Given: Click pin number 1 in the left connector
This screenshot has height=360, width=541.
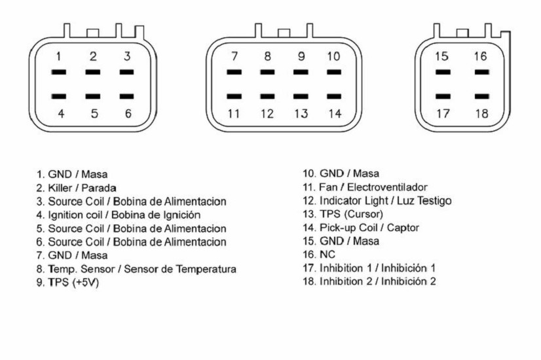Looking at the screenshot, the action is [59, 56].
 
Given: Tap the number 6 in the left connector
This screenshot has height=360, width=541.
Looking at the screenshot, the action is [128, 113].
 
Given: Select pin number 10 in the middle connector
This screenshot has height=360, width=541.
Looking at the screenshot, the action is [333, 56].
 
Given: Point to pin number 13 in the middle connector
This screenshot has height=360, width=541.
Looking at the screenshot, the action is [301, 113].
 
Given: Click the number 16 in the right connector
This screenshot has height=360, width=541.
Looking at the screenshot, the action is [480, 56].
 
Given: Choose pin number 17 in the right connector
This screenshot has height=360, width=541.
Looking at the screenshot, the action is [443, 113].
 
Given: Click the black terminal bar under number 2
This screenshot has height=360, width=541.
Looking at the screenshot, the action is [93, 72].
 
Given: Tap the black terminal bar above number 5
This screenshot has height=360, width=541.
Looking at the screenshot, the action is [93, 96].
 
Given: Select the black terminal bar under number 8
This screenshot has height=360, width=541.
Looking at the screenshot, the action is [267, 72].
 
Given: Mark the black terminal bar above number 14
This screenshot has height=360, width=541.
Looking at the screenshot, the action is [334, 96].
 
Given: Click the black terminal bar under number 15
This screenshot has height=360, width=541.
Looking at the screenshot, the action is [443, 72].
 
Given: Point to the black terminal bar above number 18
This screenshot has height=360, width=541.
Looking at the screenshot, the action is [481, 96].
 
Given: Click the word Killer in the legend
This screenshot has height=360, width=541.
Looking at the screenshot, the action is [60, 188].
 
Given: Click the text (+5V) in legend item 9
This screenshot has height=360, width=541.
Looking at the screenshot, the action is [86, 282].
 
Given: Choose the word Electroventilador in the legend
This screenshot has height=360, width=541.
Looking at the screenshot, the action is [387, 187].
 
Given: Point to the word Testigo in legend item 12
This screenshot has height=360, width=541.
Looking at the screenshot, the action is [434, 201].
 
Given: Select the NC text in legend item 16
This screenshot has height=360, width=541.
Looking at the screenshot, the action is [327, 255].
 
